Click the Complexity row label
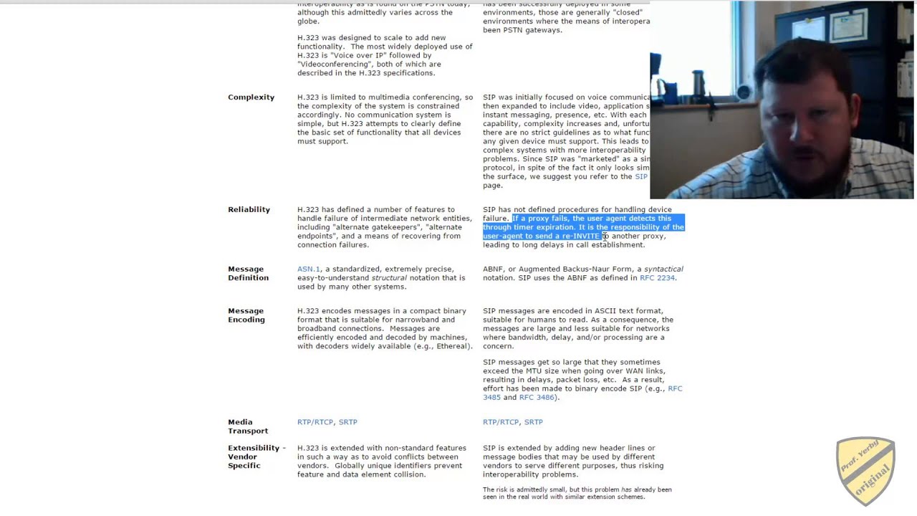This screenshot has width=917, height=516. (x=251, y=97)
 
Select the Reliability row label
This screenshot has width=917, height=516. (x=249, y=210)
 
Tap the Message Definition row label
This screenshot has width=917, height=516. (x=248, y=273)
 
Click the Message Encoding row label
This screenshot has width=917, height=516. (x=246, y=315)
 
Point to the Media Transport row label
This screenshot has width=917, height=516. (x=248, y=426)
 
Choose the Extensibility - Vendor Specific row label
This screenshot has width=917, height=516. (x=256, y=457)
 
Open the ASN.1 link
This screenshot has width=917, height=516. (x=309, y=269)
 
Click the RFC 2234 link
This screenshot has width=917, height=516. (x=657, y=278)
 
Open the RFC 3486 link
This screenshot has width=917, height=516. (x=537, y=398)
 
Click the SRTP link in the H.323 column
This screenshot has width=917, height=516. (x=347, y=422)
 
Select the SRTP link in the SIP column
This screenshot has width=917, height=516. (x=533, y=422)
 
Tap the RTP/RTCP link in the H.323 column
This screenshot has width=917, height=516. (x=315, y=422)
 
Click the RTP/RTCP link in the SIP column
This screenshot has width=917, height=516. (x=501, y=422)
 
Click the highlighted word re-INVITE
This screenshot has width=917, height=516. (x=580, y=236)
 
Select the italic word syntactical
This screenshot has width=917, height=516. (x=663, y=269)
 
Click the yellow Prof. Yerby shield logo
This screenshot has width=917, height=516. (x=865, y=470)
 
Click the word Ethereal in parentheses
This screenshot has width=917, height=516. (x=452, y=346)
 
